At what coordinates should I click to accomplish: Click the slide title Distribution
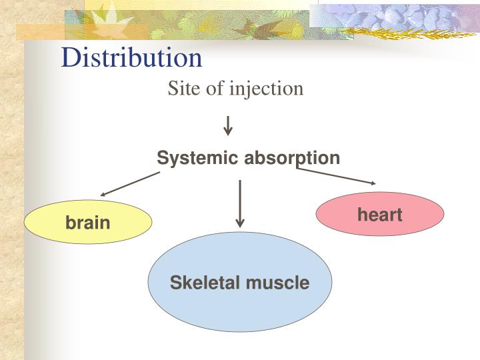131,58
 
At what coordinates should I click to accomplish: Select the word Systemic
199,158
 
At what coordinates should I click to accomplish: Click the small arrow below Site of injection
228,125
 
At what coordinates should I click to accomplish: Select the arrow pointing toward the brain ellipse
130,184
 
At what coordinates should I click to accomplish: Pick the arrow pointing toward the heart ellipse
336,175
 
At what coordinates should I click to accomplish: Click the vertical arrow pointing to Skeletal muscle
240,203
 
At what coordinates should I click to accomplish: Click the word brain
88,223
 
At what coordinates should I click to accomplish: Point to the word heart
380,215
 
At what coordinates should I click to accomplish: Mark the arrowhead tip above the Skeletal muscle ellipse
240,225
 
